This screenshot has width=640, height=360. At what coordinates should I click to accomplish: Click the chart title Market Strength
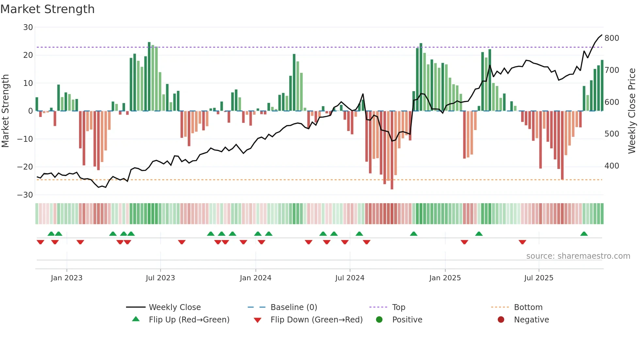47,9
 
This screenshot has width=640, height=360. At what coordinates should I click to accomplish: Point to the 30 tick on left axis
28,27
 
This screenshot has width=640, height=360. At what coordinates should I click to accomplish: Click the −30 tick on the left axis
25,195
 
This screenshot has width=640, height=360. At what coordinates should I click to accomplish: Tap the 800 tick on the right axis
612,38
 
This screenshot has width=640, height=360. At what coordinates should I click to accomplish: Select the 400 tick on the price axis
612,166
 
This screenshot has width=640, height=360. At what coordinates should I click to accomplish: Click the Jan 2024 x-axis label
255,278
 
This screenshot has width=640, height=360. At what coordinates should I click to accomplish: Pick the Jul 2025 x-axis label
538,278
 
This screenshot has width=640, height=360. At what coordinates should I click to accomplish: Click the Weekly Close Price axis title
632,111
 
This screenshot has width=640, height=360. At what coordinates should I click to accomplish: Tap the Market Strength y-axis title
6,111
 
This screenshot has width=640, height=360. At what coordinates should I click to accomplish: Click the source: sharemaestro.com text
578,256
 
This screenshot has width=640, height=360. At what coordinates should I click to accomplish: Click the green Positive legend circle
379,320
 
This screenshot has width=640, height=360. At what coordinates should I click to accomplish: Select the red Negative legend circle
501,320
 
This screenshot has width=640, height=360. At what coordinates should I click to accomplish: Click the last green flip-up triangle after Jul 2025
584,234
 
